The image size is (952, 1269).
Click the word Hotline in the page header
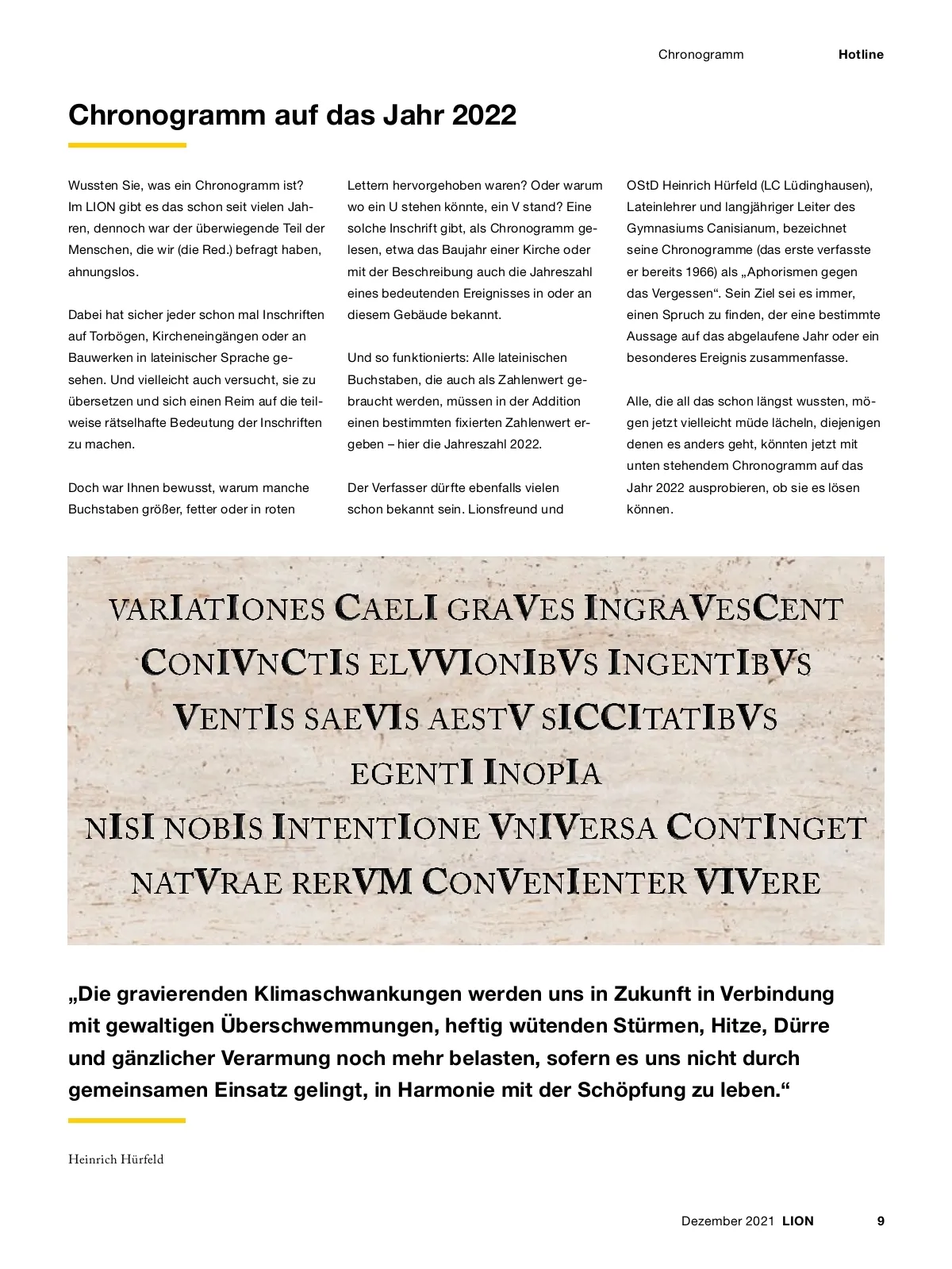[x=861, y=55]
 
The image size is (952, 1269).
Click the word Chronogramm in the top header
[x=701, y=55]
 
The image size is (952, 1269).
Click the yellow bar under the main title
[x=127, y=145]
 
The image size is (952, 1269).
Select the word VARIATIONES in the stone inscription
[x=217, y=610]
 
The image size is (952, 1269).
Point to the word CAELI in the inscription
[x=386, y=610]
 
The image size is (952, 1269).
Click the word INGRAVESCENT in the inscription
[x=713, y=610]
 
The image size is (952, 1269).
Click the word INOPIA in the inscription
[x=542, y=773]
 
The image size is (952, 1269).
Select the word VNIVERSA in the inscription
[x=572, y=828]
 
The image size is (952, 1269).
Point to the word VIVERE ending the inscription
[x=757, y=883]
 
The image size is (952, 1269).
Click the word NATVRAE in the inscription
[x=206, y=883]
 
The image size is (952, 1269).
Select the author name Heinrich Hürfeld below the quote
[x=116, y=1159]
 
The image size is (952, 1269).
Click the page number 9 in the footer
[x=881, y=1221]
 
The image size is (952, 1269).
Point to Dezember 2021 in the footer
[x=727, y=1221]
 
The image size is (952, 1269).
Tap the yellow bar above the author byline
[x=127, y=1121]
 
